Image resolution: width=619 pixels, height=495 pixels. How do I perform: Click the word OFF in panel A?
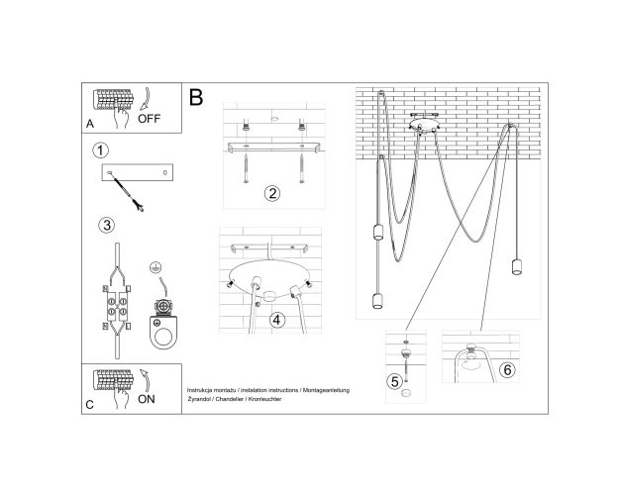149,119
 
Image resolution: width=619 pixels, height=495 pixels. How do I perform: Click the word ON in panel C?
146,399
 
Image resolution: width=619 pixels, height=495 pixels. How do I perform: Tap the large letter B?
196,97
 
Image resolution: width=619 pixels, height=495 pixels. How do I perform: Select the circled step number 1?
100,150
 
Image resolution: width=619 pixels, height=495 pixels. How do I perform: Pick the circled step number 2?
272,193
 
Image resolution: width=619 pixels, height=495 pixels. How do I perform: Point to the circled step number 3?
107,225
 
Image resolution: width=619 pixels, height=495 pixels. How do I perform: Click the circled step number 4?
276,320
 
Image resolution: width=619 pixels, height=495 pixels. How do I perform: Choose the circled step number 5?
395,382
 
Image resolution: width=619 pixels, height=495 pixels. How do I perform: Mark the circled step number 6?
507,370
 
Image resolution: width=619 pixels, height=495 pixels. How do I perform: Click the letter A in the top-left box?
90,124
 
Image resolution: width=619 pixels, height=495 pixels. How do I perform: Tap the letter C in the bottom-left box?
89,405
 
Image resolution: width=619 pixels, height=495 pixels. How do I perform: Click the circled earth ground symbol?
155,267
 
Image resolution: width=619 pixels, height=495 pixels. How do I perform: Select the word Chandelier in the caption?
230,399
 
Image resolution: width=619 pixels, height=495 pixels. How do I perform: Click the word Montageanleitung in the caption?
327,390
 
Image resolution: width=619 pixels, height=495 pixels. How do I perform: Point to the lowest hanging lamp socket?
378,301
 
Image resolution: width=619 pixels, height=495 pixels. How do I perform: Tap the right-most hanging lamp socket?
517,266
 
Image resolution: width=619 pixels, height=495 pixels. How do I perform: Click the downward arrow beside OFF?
145,99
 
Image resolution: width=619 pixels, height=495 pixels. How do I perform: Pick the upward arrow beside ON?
145,380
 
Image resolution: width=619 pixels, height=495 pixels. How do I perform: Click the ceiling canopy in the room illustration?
424,124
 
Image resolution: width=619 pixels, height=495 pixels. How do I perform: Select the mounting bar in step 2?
274,148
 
